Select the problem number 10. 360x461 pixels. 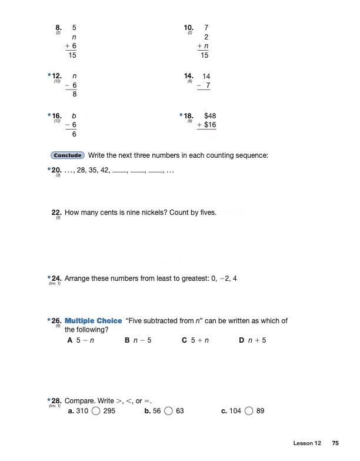[189, 27]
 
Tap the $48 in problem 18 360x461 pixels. [210, 117]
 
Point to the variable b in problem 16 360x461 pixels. [74, 117]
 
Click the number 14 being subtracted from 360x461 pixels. [206, 77]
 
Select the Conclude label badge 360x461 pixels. [68, 155]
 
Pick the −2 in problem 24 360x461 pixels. [222, 277]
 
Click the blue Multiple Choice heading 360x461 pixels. [93, 321]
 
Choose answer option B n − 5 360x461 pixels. [139, 340]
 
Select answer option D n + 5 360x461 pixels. [253, 340]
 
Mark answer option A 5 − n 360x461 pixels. [81, 340]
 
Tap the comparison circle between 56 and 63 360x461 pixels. [168, 411]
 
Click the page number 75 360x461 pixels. [335, 443]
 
